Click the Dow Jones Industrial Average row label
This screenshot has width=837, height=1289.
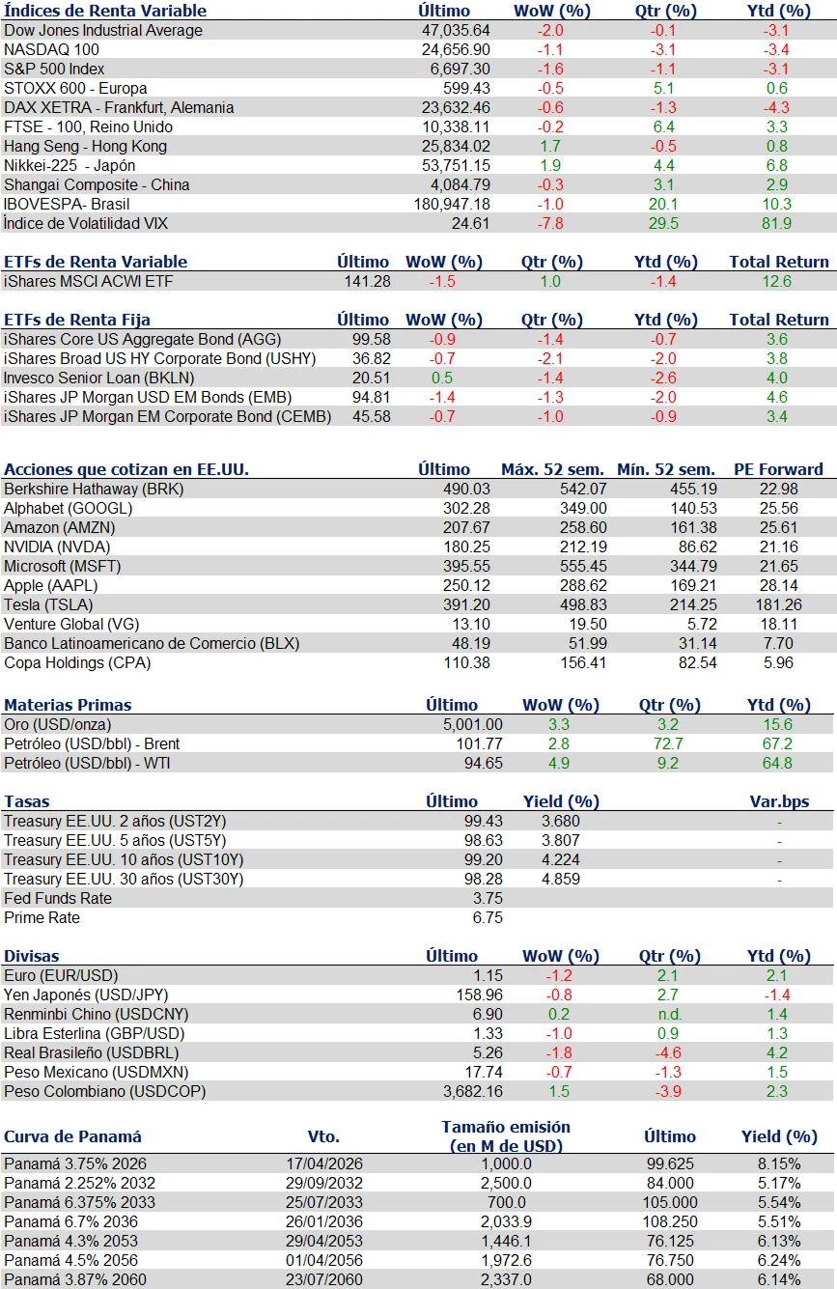103,30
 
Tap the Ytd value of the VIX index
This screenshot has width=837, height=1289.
777,223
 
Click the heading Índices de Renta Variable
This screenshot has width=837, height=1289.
105,11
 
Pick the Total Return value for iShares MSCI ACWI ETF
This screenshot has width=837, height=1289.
777,281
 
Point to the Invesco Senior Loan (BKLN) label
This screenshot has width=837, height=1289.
100,378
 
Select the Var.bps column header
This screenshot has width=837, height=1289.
779,801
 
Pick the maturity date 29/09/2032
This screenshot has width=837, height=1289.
324,1183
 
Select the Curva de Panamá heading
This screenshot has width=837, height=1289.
72,1136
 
